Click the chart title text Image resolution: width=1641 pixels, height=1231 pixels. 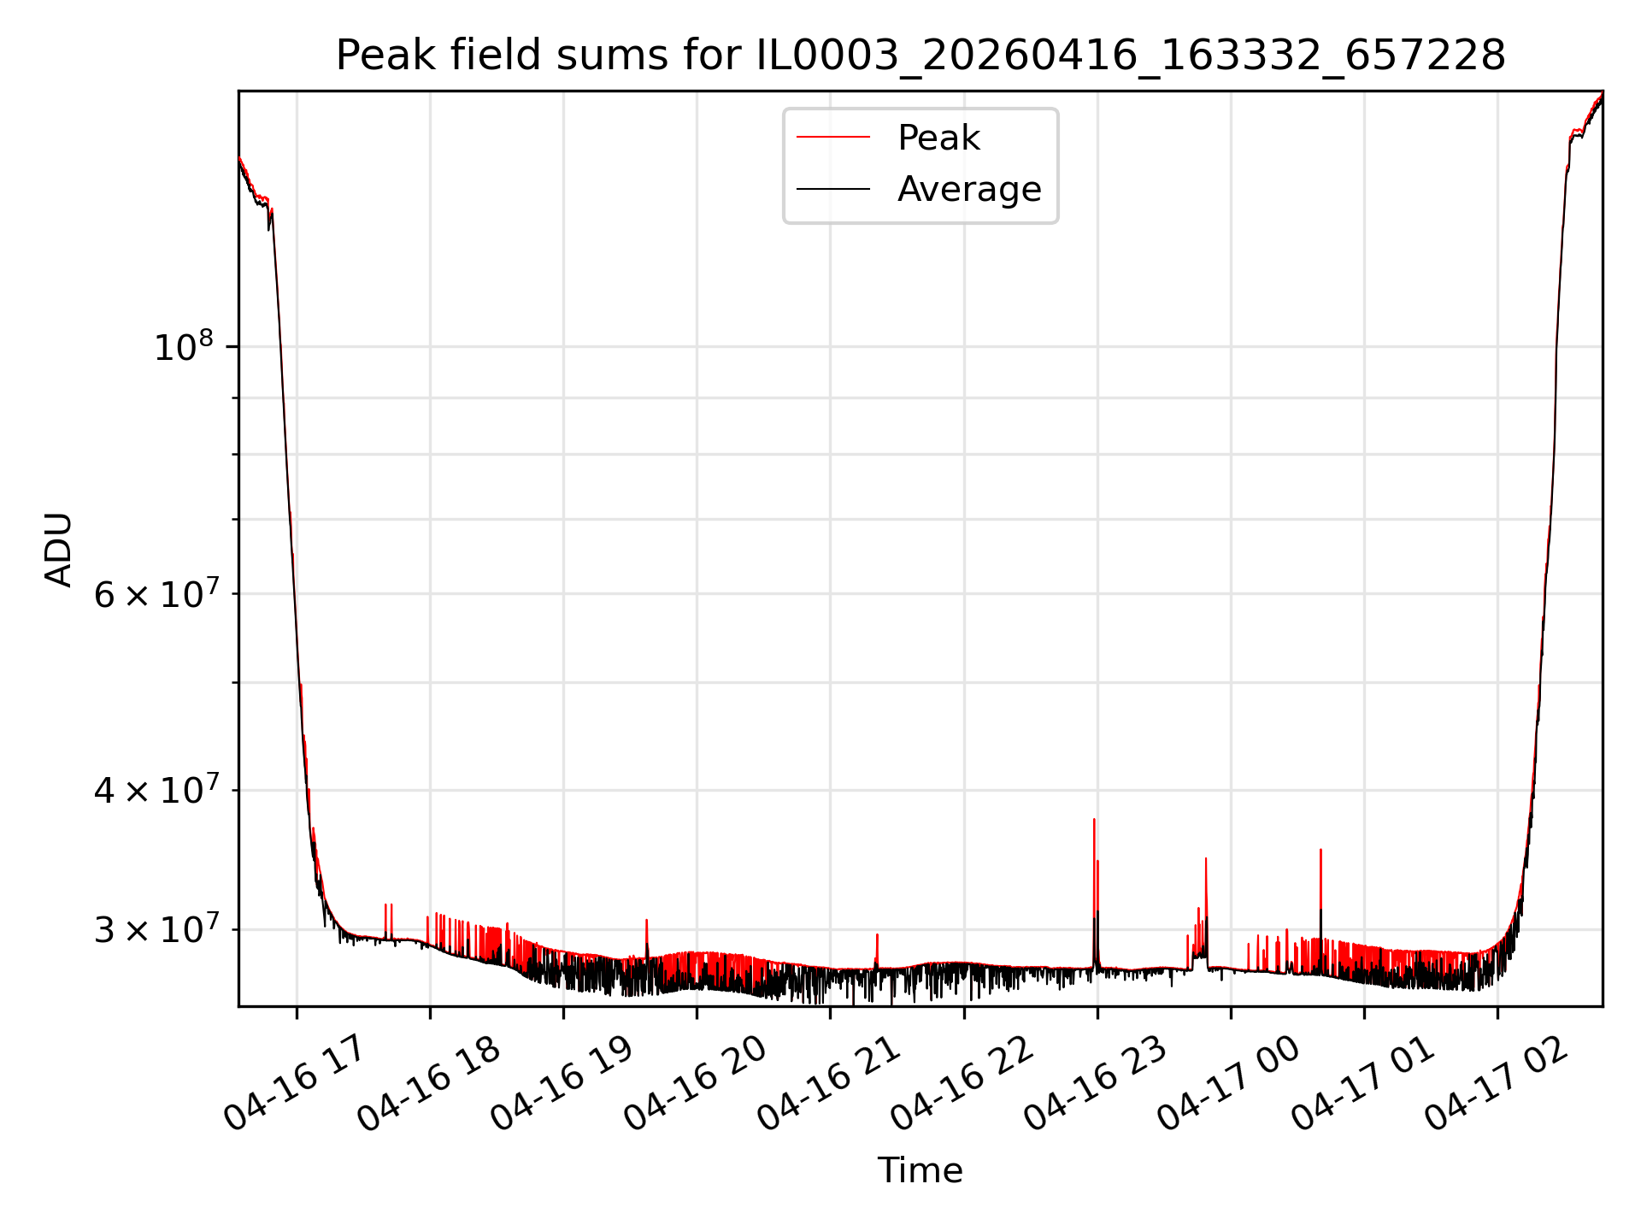click(x=920, y=56)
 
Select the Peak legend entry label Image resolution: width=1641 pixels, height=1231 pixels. click(x=938, y=138)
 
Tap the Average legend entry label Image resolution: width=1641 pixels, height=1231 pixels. click(x=969, y=189)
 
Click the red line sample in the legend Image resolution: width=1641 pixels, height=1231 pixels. click(x=833, y=138)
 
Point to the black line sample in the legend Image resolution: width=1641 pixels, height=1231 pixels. click(x=833, y=189)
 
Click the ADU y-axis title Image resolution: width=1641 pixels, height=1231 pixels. click(x=59, y=549)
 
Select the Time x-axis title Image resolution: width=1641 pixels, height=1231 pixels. click(x=920, y=1170)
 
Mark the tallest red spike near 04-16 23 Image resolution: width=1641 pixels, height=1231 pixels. click(x=1094, y=820)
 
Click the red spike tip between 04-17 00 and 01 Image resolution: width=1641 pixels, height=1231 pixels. click(x=1320, y=850)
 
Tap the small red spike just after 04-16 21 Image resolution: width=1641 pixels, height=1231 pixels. click(x=877, y=934)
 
